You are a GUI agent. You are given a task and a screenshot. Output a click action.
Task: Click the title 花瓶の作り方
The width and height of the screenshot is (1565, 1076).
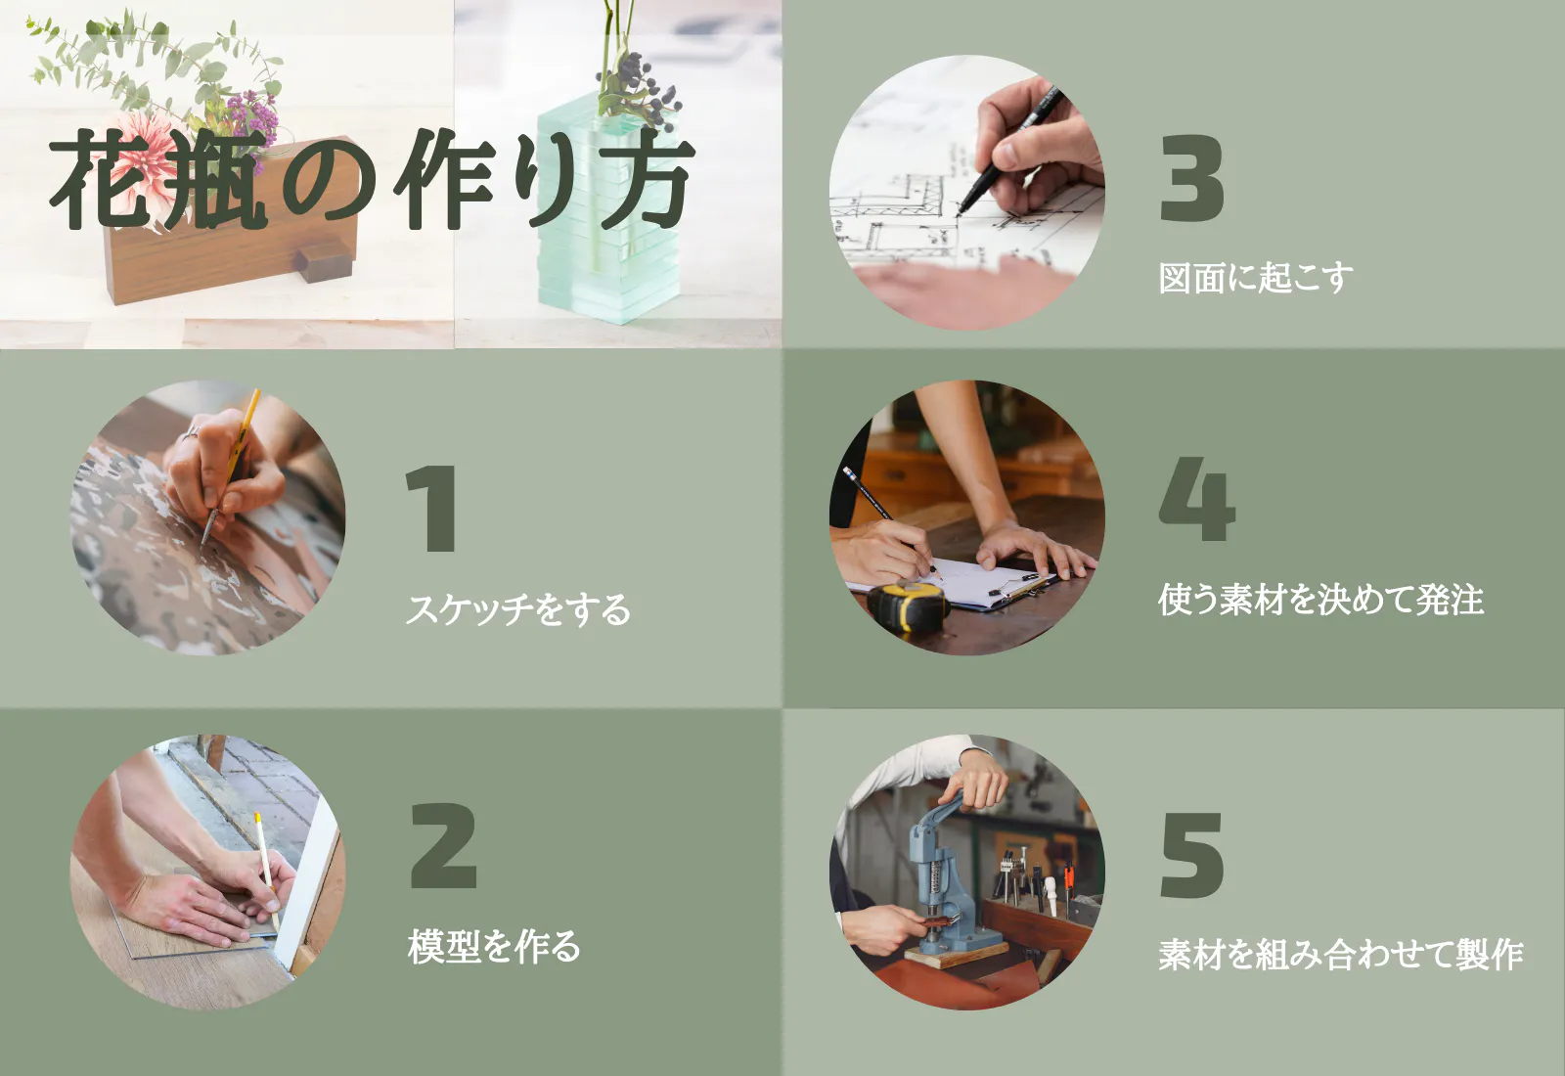pyautogui.click(x=372, y=180)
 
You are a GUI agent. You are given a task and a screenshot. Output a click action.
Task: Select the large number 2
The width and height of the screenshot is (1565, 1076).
pyautogui.click(x=444, y=845)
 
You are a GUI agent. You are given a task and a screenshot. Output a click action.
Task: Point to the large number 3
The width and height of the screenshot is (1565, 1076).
pyautogui.click(x=1192, y=178)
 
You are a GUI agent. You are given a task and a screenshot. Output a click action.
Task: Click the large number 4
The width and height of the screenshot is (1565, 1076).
pyautogui.click(x=1197, y=498)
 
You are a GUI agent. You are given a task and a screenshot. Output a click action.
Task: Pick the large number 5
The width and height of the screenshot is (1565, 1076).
pyautogui.click(x=1191, y=855)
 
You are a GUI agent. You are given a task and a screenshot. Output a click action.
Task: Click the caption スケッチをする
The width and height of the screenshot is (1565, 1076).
pyautogui.click(x=517, y=608)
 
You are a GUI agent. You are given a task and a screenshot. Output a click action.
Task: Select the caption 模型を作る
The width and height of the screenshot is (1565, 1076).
pyautogui.click(x=494, y=947)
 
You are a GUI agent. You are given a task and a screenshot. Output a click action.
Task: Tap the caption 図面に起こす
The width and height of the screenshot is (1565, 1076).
pyautogui.click(x=1256, y=278)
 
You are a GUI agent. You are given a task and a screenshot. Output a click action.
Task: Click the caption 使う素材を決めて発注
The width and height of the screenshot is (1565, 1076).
pyautogui.click(x=1320, y=600)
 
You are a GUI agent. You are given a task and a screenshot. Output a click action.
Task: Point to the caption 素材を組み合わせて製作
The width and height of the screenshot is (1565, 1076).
pyautogui.click(x=1341, y=955)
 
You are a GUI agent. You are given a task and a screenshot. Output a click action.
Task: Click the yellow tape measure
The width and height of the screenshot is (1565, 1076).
pyautogui.click(x=908, y=605)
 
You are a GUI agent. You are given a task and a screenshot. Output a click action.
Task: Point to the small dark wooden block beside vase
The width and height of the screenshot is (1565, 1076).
pyautogui.click(x=322, y=258)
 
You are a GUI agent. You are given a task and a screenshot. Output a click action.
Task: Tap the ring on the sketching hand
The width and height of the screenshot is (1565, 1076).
pyautogui.click(x=190, y=433)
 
